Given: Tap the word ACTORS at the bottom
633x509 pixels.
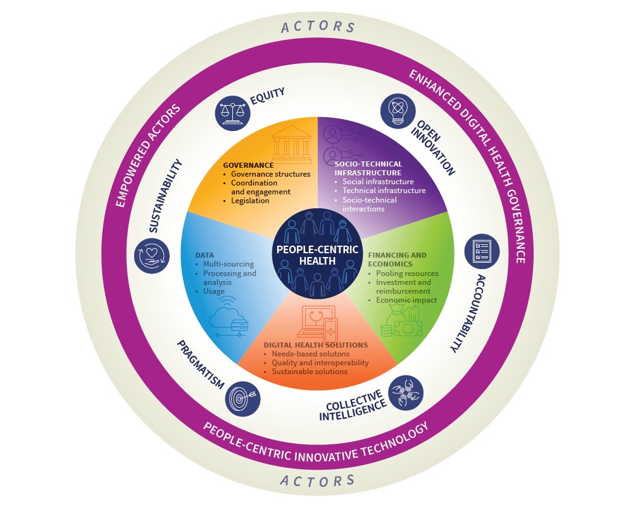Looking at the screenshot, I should click(318, 481).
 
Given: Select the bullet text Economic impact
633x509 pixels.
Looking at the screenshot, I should click(406, 300).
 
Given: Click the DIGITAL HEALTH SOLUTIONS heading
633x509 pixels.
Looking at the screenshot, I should click(315, 345).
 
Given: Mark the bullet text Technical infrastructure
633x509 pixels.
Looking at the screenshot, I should click(384, 191).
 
